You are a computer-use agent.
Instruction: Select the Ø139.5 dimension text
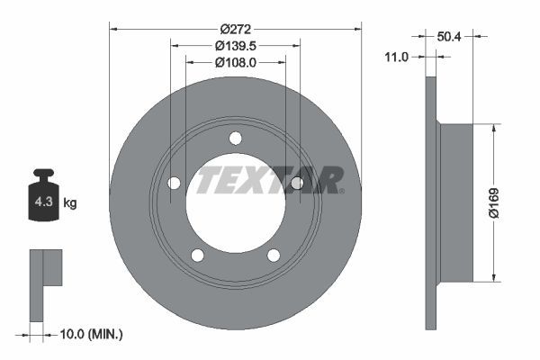coord(235,45)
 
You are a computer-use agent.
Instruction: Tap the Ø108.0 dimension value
coord(236,62)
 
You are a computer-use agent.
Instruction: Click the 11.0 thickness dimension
coord(396,57)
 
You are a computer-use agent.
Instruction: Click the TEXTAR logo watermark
coord(269,180)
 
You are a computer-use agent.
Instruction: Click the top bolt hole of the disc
coord(236,138)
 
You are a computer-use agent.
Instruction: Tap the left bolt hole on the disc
coord(175,183)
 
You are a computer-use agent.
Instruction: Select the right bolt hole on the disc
coord(296,183)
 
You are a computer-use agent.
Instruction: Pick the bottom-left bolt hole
coord(198,255)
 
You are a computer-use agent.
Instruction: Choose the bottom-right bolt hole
coord(274,255)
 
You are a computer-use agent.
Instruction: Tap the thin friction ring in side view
coord(430,202)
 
